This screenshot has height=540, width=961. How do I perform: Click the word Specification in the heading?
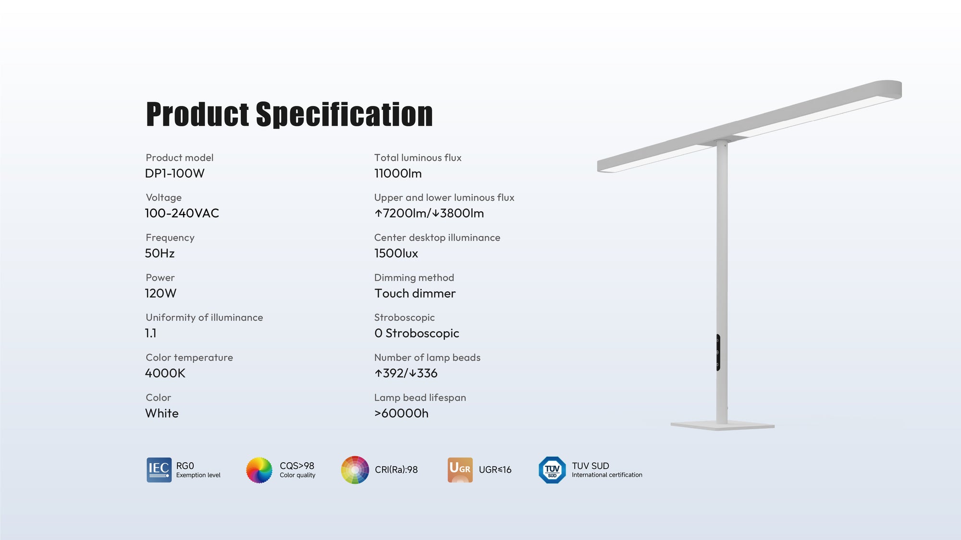tap(344, 115)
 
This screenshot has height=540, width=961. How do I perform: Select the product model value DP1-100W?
tap(175, 173)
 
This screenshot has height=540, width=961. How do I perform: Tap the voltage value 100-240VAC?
tap(182, 213)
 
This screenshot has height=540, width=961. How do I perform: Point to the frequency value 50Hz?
tap(160, 253)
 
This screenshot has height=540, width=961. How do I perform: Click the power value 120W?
tap(161, 293)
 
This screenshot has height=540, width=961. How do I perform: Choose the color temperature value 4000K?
tap(165, 373)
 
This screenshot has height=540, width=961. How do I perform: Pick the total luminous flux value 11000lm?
tap(398, 173)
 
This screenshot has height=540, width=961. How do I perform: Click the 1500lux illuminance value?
tap(396, 253)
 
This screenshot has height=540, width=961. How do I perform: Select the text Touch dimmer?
tap(415, 293)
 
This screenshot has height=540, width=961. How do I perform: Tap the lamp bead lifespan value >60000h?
tap(401, 413)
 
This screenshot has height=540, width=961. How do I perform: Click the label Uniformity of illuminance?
tap(204, 317)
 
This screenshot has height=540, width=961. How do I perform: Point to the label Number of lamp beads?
tap(427, 358)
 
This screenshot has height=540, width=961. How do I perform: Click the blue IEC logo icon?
tap(159, 470)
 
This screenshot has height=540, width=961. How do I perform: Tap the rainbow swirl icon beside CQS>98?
tap(259, 470)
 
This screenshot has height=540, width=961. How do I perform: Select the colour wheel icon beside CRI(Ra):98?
tap(355, 470)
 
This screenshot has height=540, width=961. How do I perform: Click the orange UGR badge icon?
tap(460, 470)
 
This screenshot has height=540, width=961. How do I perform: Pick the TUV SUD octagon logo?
tap(552, 470)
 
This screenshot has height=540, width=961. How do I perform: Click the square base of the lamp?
tap(722, 425)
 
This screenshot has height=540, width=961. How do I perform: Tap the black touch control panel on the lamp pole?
tap(718, 352)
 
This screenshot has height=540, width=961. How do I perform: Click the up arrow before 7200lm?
tap(379, 213)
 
